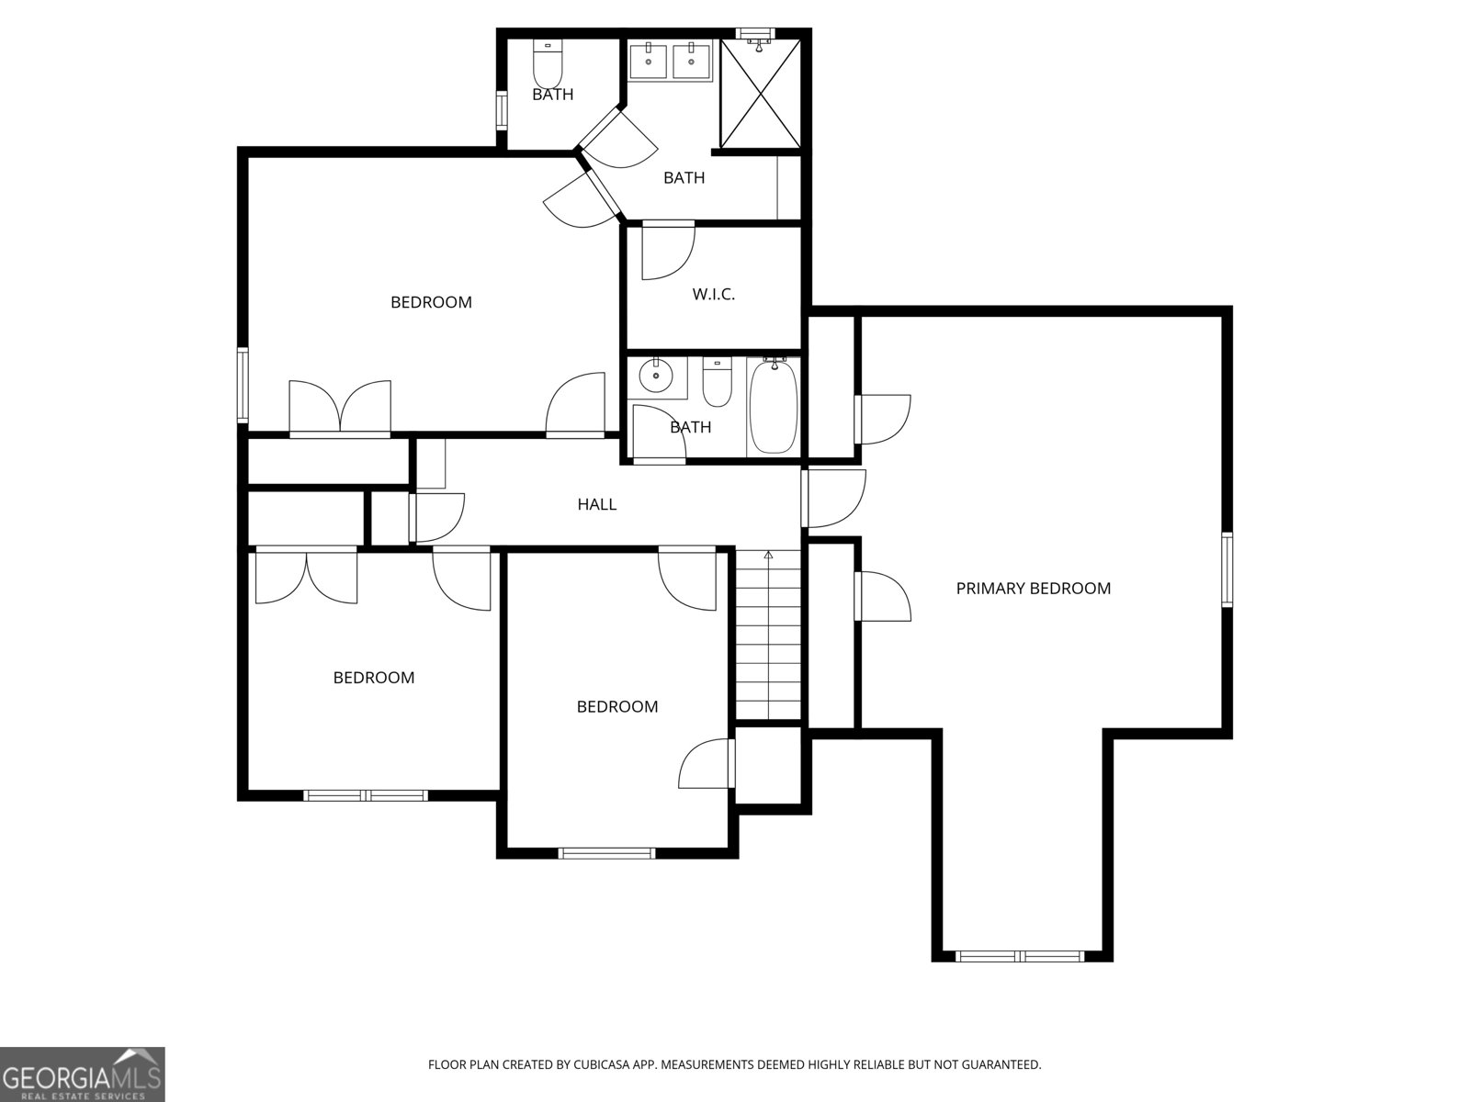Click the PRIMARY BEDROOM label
click(1033, 589)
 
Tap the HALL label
click(596, 504)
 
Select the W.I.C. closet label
click(713, 295)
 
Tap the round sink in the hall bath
click(656, 376)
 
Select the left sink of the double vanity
click(649, 62)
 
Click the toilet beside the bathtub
click(717, 383)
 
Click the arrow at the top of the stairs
click(768, 555)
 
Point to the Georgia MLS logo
click(83, 1074)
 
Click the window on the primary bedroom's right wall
click(1227, 569)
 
